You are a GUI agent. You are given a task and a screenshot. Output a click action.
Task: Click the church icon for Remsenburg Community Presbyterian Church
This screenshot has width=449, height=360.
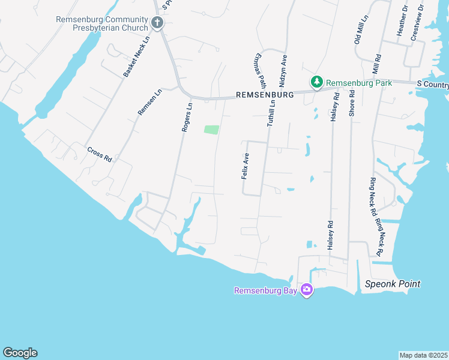[x=157, y=23]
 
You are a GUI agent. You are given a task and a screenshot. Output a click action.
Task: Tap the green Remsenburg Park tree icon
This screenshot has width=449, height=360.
[x=316, y=82]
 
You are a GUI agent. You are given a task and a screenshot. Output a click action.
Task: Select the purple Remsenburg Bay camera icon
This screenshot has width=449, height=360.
[x=307, y=290]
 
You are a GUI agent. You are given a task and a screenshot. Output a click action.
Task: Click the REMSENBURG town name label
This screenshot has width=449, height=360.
[x=265, y=95]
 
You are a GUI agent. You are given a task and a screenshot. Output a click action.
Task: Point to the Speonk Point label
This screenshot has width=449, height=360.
[x=393, y=284]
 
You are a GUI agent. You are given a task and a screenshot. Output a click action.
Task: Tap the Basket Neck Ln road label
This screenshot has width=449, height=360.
[x=136, y=61]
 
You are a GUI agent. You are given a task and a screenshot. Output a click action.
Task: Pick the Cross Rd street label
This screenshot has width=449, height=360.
[x=100, y=155]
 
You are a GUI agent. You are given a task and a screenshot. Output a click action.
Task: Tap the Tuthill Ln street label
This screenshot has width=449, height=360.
[x=271, y=112]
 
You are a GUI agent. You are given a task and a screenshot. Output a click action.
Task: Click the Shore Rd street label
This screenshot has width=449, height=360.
[x=352, y=104]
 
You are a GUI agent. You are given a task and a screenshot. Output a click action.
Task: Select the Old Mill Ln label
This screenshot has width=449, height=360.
[x=358, y=30]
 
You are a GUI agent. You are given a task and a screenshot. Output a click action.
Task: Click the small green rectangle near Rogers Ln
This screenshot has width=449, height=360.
[x=211, y=130]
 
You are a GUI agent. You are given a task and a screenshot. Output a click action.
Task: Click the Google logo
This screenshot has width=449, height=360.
[x=20, y=353]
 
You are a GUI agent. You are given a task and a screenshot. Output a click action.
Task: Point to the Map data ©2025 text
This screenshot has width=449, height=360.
[x=423, y=355]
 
